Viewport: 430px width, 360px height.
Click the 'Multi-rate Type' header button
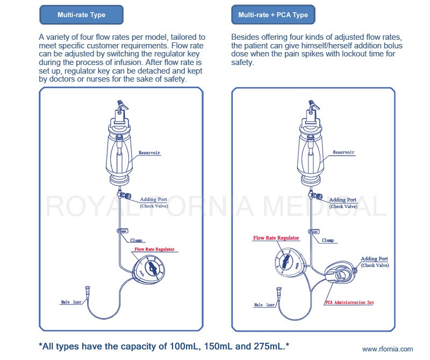pos(82,15)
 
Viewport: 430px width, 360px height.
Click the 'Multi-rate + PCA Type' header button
pos(273,15)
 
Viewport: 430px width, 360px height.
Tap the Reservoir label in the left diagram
pos(149,153)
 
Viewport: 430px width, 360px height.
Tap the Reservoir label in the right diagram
pos(343,152)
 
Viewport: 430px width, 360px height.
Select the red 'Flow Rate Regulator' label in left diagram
pos(154,249)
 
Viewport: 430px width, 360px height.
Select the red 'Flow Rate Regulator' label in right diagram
pos(276,238)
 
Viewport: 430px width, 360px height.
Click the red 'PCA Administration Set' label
pos(349,303)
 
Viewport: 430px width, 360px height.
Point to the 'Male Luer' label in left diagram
pos(71,302)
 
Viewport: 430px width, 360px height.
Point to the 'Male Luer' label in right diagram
pos(264,305)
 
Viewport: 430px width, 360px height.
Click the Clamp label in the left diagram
pos(137,240)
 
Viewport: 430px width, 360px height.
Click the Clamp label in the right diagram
pos(328,240)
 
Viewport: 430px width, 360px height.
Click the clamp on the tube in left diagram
pos(123,231)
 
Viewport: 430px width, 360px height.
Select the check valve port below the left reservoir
pos(124,195)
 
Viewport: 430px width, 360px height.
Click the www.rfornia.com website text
pos(387,349)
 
